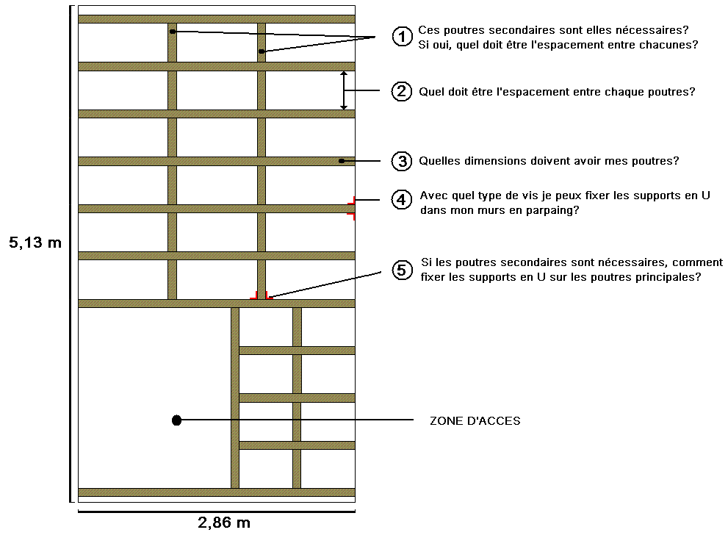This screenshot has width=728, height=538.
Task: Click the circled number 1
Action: click(x=401, y=37)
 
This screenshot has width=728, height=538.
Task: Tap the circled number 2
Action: click(x=401, y=91)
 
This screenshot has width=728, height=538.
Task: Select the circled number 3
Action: click(x=401, y=161)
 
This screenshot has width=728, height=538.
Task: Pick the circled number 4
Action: click(x=401, y=199)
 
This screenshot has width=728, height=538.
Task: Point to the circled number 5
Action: click(x=401, y=270)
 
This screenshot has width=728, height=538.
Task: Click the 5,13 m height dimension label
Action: click(x=35, y=243)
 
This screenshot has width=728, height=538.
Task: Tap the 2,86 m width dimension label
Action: click(x=223, y=523)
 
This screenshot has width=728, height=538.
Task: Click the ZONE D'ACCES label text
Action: click(x=475, y=421)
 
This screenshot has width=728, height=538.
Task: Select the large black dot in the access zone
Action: click(x=176, y=420)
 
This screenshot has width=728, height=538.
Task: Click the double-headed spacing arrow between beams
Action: click(x=343, y=90)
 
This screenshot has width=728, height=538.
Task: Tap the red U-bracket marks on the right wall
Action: click(x=352, y=208)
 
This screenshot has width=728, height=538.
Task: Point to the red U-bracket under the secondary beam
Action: click(x=262, y=296)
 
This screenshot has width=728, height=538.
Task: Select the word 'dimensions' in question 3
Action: click(x=491, y=161)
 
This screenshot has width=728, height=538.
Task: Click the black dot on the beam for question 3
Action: click(x=342, y=161)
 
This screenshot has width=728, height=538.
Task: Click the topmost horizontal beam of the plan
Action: click(x=217, y=19)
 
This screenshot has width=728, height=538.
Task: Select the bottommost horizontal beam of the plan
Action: click(x=217, y=492)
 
